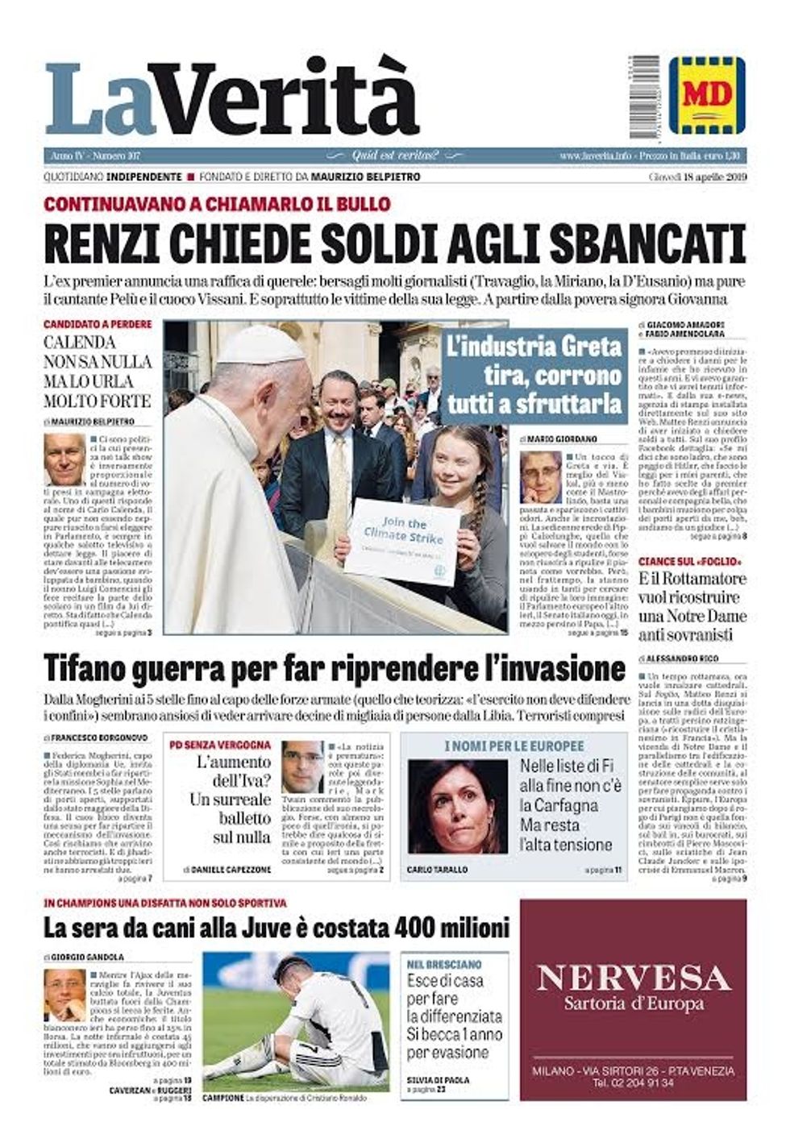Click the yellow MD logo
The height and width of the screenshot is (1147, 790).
[x=707, y=95]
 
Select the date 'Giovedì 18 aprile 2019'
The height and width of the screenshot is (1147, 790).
[x=697, y=177]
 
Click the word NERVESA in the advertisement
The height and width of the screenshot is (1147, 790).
[x=634, y=978]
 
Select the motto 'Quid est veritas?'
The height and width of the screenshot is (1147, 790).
[x=396, y=155]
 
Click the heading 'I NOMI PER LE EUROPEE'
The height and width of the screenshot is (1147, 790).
[x=514, y=746]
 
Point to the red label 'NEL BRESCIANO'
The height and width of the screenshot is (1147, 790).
[x=444, y=963]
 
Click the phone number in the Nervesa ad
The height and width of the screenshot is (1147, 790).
[x=633, y=1083]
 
